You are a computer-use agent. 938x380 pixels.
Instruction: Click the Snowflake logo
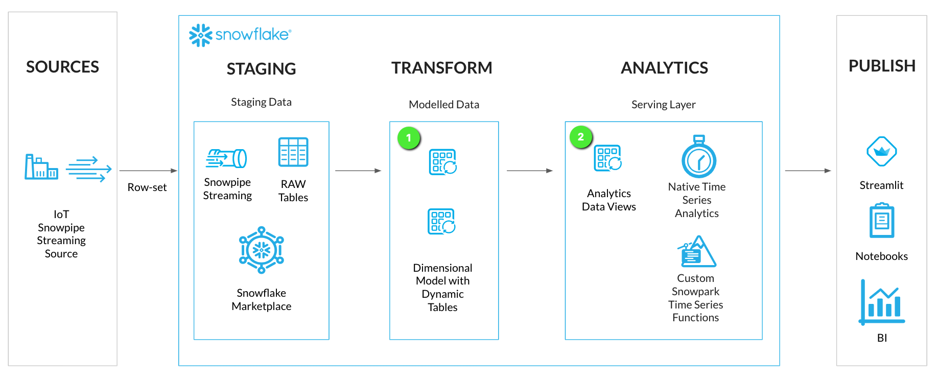[x=240, y=35]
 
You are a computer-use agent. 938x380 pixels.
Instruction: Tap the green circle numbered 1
[x=409, y=138]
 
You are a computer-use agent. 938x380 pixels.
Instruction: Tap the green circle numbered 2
[x=581, y=137]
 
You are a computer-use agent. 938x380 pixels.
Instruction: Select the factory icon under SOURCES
[x=41, y=167]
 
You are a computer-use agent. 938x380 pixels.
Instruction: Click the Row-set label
[x=147, y=187]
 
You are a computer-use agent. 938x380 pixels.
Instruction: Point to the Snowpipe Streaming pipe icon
[x=226, y=158]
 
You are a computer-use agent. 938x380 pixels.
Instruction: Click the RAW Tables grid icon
[x=293, y=152]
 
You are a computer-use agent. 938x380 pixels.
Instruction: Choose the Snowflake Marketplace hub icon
[x=262, y=250]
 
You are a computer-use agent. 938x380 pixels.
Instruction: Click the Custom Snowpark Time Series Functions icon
[x=697, y=252]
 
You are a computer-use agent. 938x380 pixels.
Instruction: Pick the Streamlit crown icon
[x=882, y=152]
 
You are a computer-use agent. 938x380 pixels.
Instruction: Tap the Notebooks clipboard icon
[x=882, y=221]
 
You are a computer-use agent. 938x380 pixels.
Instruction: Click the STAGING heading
[x=261, y=69]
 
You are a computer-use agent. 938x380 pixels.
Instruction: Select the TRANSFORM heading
[x=442, y=68]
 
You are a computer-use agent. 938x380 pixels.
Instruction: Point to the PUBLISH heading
[x=882, y=66]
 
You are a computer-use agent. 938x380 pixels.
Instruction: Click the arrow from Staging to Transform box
[x=358, y=171]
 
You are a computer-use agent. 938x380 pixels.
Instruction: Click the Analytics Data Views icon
[x=608, y=158]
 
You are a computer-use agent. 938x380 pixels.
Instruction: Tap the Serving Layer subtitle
[x=663, y=105]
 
